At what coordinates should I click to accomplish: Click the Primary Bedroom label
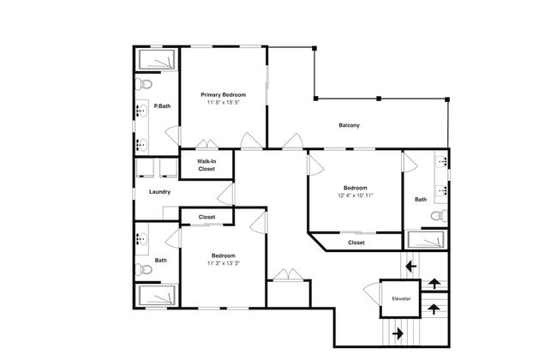point(223,94)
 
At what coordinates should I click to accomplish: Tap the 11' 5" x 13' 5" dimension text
point(223,102)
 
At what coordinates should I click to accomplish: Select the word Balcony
point(348,126)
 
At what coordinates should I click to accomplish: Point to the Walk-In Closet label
point(207,165)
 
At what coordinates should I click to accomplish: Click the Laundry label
point(159,191)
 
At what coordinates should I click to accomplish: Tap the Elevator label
point(401,298)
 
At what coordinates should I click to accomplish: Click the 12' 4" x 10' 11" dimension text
point(355,195)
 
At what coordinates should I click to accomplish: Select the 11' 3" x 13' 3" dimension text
point(223,263)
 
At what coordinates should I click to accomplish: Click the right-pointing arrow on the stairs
point(397,331)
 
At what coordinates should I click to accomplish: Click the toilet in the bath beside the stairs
point(438,216)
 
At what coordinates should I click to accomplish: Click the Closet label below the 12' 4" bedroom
point(356,243)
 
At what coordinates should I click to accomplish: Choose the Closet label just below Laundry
point(207,217)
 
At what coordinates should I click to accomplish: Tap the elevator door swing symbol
point(372,291)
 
